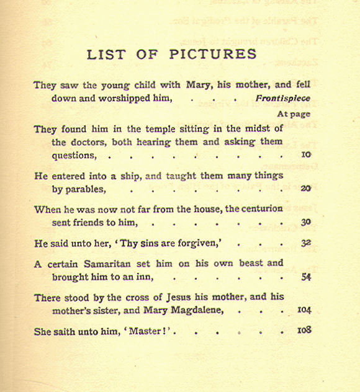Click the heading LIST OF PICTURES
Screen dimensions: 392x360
172,54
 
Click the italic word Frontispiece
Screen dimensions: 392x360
282,99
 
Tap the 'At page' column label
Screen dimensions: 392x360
294,114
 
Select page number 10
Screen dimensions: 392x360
305,155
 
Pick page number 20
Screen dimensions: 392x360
305,189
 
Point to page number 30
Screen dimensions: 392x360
305,222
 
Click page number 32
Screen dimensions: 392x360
305,244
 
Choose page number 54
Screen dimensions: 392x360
305,277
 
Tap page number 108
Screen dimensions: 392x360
304,331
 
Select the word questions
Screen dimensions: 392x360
74,156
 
